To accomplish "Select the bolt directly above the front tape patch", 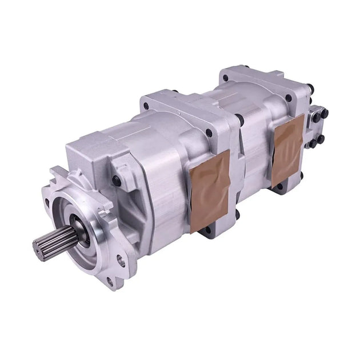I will (209, 134).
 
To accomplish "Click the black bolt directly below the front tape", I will (207, 231).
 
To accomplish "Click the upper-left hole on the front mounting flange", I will (54, 172).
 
